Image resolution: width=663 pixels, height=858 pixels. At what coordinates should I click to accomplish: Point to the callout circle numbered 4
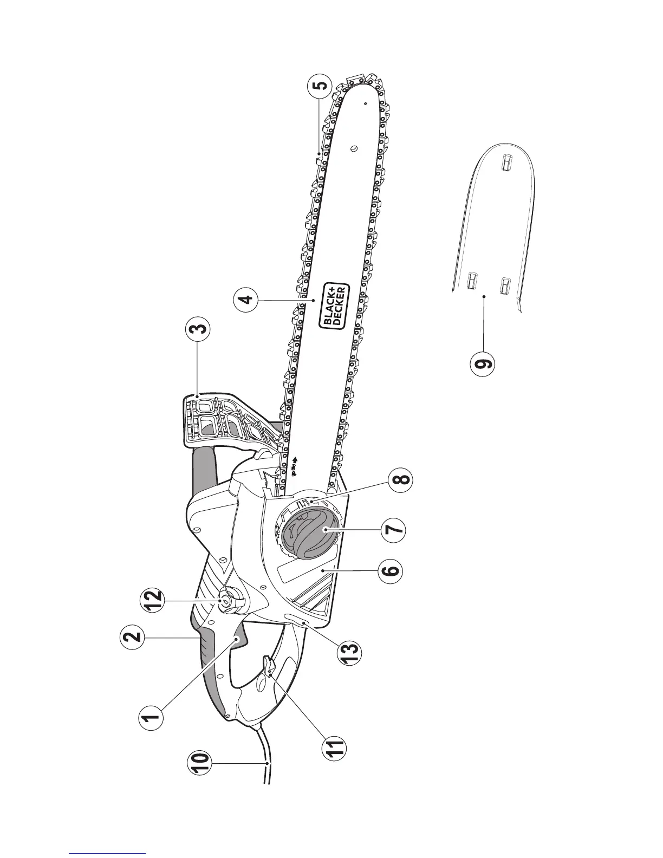tap(247, 299)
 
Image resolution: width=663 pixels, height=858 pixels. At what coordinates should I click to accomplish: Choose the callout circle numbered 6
tap(391, 570)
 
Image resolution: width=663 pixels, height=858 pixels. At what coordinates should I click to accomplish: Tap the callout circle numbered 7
tap(393, 529)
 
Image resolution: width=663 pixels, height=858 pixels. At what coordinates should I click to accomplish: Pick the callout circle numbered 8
tap(401, 480)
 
